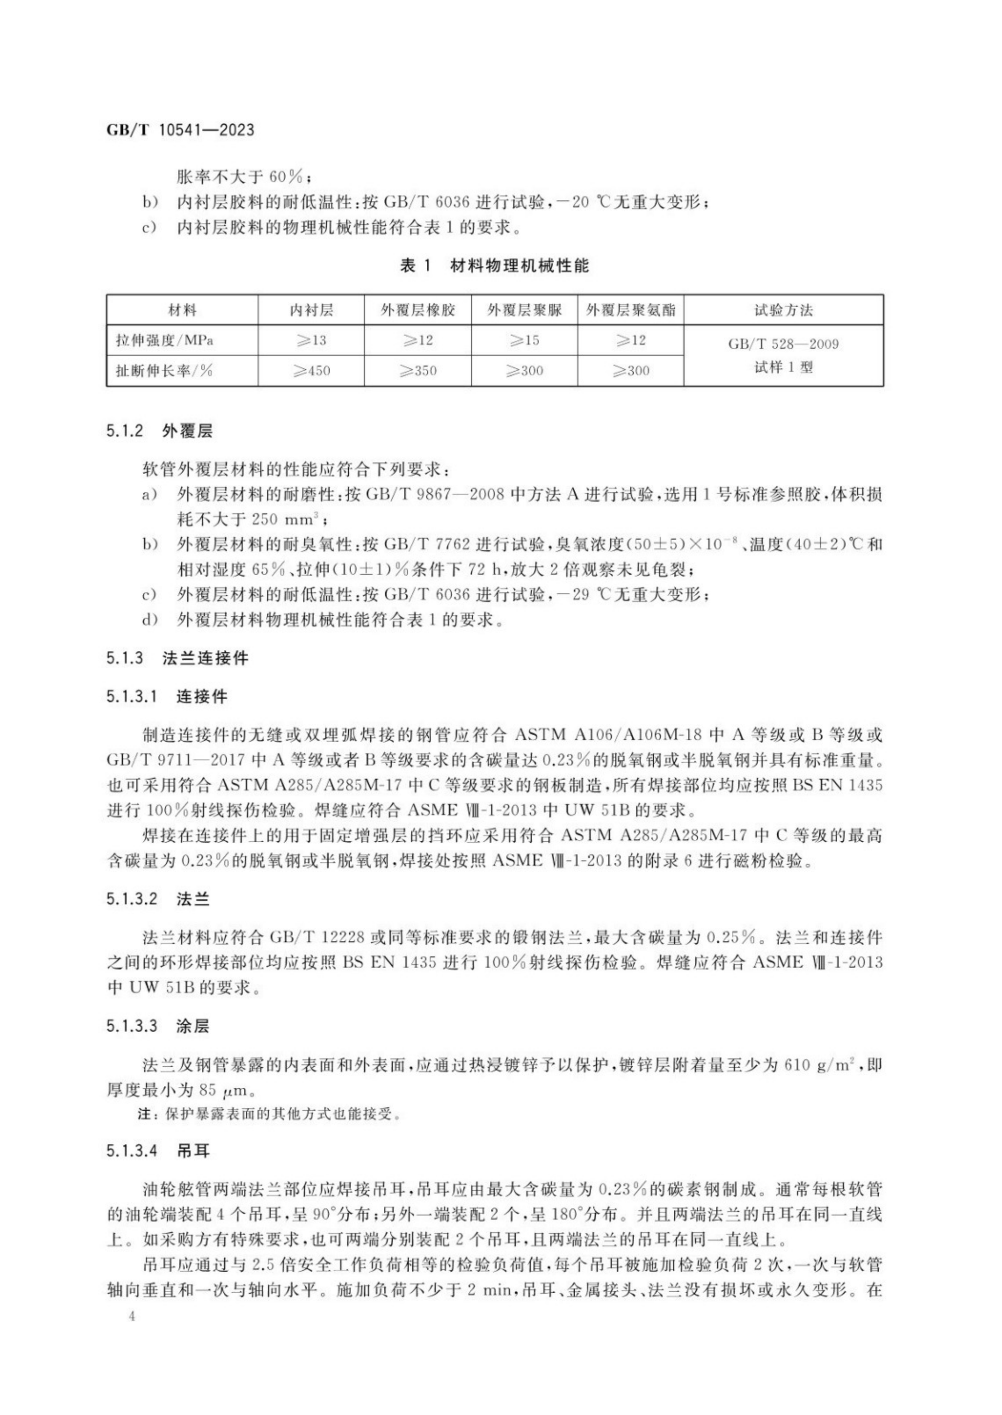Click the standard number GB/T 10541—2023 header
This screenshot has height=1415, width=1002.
click(x=180, y=130)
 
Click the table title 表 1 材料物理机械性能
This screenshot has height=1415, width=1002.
click(x=495, y=266)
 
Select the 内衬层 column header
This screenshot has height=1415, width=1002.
click(x=311, y=310)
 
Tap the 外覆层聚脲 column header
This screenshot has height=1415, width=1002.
click(x=525, y=310)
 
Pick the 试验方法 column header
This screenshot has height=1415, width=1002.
click(x=784, y=310)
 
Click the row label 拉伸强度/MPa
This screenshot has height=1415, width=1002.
click(x=165, y=340)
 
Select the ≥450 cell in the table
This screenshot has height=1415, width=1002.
click(x=311, y=370)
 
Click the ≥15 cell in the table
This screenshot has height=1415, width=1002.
click(x=525, y=340)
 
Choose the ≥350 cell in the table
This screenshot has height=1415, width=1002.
click(x=418, y=370)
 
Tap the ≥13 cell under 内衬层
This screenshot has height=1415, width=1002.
click(x=311, y=340)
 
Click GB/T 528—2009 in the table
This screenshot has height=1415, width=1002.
click(x=784, y=344)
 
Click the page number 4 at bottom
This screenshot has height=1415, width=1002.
click(x=131, y=1316)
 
